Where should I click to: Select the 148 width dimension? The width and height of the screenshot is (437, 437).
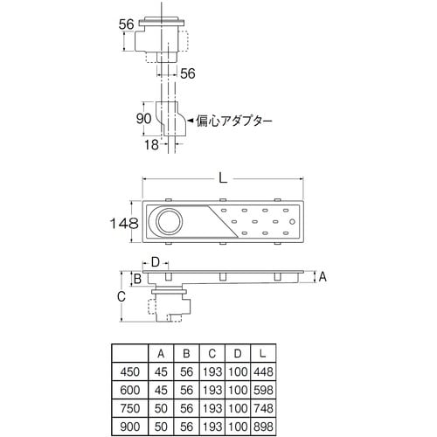pyautogui.click(x=123, y=223)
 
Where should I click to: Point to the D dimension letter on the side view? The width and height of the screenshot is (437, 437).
pyautogui.click(x=155, y=260)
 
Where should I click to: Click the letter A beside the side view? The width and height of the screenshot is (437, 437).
pyautogui.click(x=322, y=276)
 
